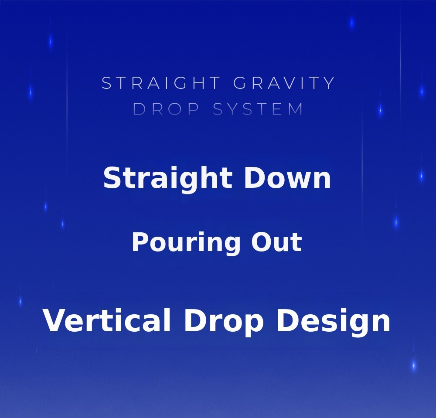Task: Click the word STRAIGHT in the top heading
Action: (161, 83)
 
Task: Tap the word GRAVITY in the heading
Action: (284, 83)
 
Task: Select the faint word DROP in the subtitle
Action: (166, 109)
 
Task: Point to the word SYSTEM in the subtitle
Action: (258, 109)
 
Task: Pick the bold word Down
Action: (287, 177)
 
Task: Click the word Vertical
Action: (106, 320)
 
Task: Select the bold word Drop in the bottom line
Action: (224, 322)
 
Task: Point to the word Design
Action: (334, 322)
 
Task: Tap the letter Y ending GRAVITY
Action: (330, 83)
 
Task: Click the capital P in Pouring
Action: (141, 242)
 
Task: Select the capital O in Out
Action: (261, 242)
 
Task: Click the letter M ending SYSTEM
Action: (296, 109)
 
